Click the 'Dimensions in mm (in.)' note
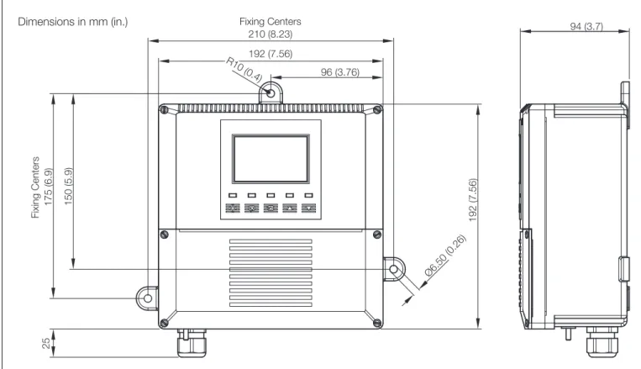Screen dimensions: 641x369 (73, 22)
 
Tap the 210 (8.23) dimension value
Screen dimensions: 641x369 (271, 34)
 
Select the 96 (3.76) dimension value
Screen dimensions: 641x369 (340, 72)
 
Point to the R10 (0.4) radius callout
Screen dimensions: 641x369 (244, 70)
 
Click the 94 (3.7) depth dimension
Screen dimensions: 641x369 (586, 26)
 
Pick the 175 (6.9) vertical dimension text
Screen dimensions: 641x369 (48, 187)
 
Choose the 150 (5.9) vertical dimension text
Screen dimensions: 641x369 (68, 186)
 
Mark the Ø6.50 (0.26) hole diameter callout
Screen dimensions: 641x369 (445, 256)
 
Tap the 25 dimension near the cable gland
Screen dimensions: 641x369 (46, 342)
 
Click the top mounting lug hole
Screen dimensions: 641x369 (271, 92)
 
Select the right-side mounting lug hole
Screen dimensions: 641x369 (394, 269)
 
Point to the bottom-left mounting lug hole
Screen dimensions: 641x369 (148, 298)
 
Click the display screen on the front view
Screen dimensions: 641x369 (271, 158)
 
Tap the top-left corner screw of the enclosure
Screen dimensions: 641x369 (164, 109)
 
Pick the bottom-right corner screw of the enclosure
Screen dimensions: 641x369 (377, 323)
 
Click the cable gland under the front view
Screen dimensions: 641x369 (192, 343)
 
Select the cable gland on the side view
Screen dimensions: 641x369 (602, 341)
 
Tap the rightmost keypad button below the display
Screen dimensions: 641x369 (308, 208)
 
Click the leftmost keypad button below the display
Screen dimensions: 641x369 (233, 208)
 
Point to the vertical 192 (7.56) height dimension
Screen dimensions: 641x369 (473, 200)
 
